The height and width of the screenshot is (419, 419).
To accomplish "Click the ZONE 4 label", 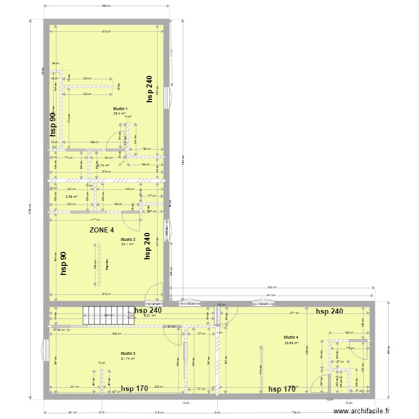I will (x=102, y=230).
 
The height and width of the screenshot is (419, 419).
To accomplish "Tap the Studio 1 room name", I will (x=120, y=108).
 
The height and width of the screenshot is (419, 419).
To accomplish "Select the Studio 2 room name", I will (x=128, y=239).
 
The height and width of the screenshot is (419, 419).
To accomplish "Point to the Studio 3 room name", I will (x=128, y=353).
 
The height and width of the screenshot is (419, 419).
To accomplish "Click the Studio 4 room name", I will (x=291, y=337).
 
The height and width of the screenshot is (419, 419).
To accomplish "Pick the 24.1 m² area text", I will (x=128, y=244).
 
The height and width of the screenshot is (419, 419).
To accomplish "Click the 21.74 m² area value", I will (x=128, y=358).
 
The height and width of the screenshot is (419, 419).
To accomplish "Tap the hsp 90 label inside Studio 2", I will (x=64, y=263).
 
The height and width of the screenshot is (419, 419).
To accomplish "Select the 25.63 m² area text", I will (x=291, y=343).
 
